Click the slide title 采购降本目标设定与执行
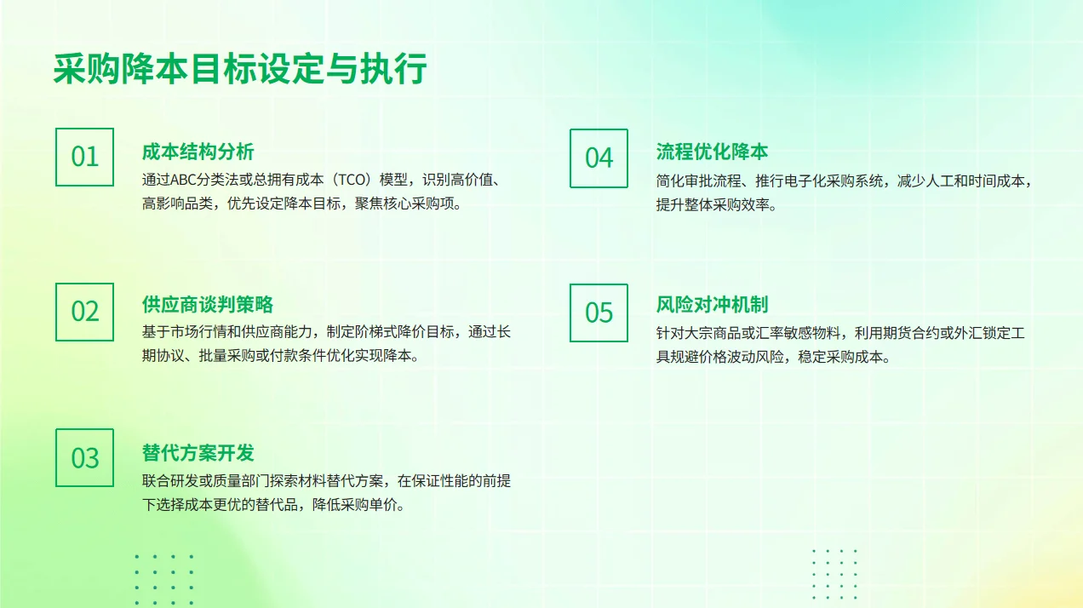click(x=240, y=70)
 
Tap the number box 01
click(x=84, y=157)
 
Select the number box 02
click(x=84, y=312)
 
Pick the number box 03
click(x=84, y=458)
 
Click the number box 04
click(x=599, y=158)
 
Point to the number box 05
click(x=599, y=313)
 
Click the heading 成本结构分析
click(x=198, y=152)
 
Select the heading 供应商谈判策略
click(x=207, y=305)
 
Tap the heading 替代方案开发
click(x=198, y=453)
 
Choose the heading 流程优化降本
click(x=712, y=152)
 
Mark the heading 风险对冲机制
click(x=712, y=305)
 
